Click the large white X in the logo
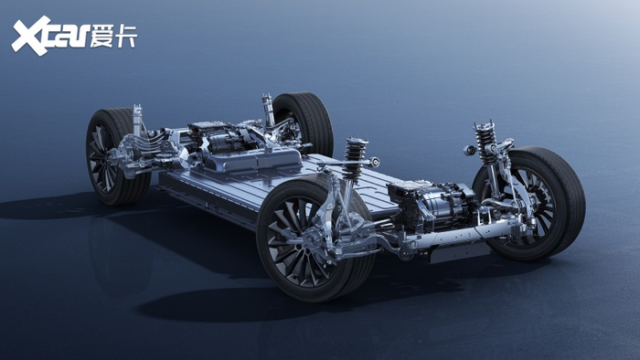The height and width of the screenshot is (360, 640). point(30,36)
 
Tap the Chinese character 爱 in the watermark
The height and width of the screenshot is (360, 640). point(101,36)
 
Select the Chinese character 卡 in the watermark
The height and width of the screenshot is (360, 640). point(126,36)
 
